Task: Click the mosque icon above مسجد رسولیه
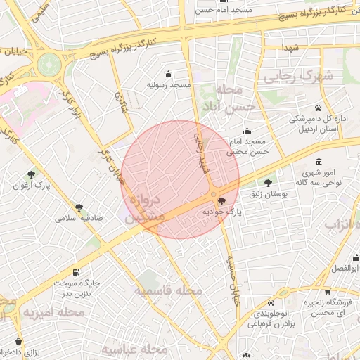click(x=168, y=74)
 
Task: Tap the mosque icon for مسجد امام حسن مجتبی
click(x=247, y=131)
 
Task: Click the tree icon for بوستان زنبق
click(x=268, y=182)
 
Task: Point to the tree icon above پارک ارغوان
click(x=30, y=174)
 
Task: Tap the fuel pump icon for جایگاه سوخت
click(x=76, y=272)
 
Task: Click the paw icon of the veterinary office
click(x=319, y=108)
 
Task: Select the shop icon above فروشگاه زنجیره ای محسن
click(x=328, y=291)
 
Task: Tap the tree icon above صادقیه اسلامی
click(x=79, y=207)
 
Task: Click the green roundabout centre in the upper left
click(x=49, y=65)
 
